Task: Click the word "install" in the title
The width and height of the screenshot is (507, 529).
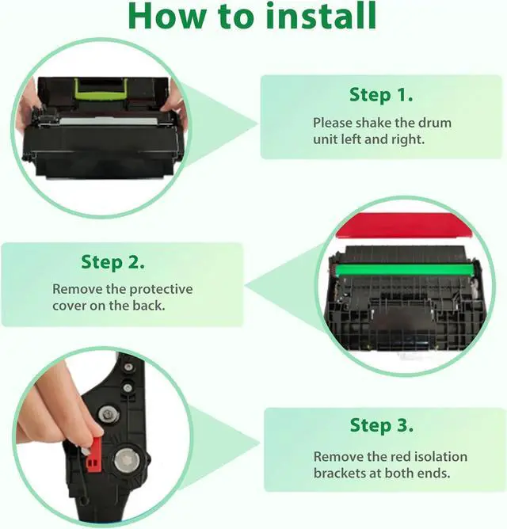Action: tap(321, 16)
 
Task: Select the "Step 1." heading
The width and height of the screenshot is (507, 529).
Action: tap(381, 95)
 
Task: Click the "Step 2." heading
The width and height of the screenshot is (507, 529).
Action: tap(113, 262)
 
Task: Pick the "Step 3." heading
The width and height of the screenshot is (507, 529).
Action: tap(381, 425)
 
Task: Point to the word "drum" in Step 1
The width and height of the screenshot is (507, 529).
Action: tap(435, 123)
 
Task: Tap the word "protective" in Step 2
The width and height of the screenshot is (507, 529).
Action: tap(162, 290)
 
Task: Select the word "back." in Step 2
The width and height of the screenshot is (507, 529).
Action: tap(149, 306)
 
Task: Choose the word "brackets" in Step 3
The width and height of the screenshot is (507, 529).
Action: tap(340, 473)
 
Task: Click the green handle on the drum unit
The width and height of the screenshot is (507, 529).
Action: tap(101, 89)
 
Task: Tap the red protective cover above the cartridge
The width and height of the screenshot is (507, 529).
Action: tap(405, 225)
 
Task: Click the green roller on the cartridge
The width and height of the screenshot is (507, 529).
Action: tap(404, 269)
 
